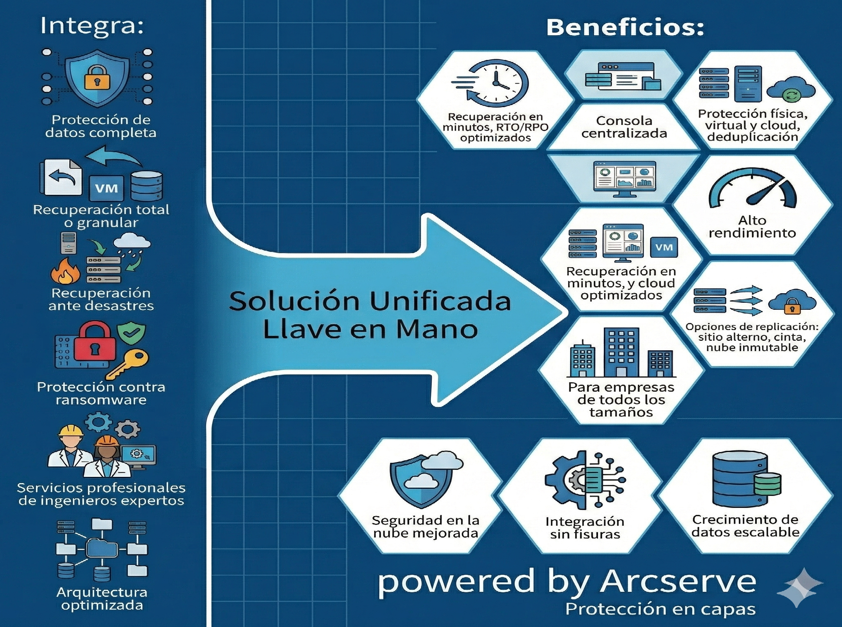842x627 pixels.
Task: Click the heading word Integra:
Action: [92, 26]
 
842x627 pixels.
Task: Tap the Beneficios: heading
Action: [625, 28]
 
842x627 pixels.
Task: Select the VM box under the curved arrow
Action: [106, 188]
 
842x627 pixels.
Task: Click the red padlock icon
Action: [95, 342]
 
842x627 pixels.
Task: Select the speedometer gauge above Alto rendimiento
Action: [752, 190]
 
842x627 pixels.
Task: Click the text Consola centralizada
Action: [624, 127]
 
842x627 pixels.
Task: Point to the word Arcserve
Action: [678, 582]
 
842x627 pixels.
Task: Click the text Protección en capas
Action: [660, 609]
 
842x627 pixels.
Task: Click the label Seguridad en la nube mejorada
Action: [426, 526]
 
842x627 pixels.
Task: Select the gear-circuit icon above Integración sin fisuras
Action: [585, 480]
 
